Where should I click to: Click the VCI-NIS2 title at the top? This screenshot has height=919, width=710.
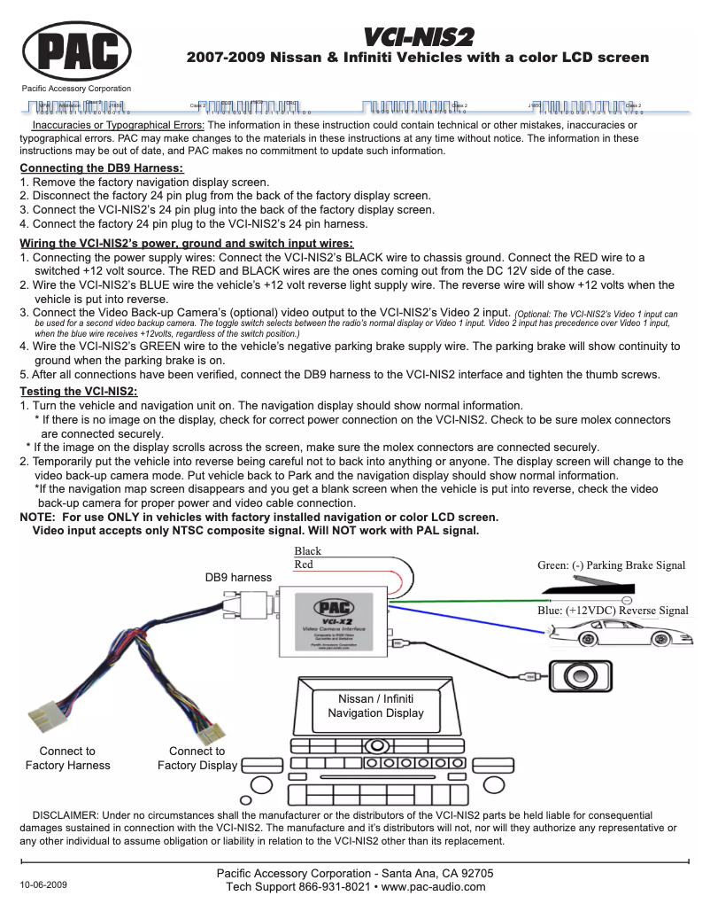pyautogui.click(x=419, y=36)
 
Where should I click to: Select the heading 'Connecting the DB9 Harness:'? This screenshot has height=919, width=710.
pyautogui.click(x=102, y=168)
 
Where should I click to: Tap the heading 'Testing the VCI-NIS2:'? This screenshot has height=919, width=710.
pyautogui.click(x=79, y=391)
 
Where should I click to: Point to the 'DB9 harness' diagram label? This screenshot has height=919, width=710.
pyautogui.click(x=238, y=577)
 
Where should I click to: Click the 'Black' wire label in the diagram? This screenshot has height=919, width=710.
pyautogui.click(x=308, y=551)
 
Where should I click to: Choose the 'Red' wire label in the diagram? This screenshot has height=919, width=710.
pyautogui.click(x=304, y=565)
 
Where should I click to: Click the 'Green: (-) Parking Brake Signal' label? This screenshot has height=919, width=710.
pyautogui.click(x=611, y=565)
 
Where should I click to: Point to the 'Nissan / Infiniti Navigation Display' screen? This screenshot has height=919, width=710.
pyautogui.click(x=375, y=706)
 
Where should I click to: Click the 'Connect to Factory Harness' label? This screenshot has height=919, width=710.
pyautogui.click(x=68, y=759)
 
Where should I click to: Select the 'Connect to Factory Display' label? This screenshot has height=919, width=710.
pyautogui.click(x=197, y=759)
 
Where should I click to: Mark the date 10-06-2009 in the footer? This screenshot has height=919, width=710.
pyautogui.click(x=42, y=885)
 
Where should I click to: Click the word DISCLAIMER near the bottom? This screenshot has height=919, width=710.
pyautogui.click(x=65, y=814)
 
